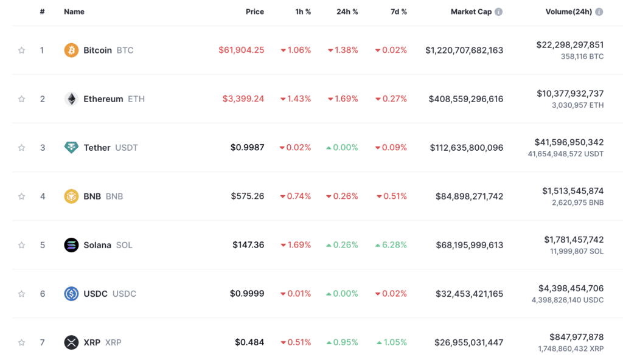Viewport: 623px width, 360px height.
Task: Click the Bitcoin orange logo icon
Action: point(71,50)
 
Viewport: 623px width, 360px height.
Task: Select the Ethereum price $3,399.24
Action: point(243,99)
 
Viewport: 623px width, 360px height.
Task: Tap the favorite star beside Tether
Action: point(22,148)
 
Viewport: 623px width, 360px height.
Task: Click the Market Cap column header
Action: point(470,12)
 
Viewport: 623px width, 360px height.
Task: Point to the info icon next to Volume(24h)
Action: point(599,12)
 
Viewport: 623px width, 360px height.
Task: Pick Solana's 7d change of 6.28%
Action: point(391,245)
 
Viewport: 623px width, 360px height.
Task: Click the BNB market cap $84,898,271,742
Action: point(469,196)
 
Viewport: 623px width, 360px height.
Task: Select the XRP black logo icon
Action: point(71,342)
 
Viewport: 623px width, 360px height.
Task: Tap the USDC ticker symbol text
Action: point(124,294)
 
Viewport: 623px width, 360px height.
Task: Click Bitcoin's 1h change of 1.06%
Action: point(296,50)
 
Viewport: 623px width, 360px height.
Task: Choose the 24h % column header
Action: point(347,12)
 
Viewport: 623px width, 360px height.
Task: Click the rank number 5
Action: point(43,245)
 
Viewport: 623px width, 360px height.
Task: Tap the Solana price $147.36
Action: point(248,245)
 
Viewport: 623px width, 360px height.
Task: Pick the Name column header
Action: point(74,12)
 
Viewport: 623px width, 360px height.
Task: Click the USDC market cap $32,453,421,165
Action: point(469,294)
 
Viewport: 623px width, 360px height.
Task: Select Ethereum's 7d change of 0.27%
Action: point(391,99)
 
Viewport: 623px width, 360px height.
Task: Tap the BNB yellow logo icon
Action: point(71,196)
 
